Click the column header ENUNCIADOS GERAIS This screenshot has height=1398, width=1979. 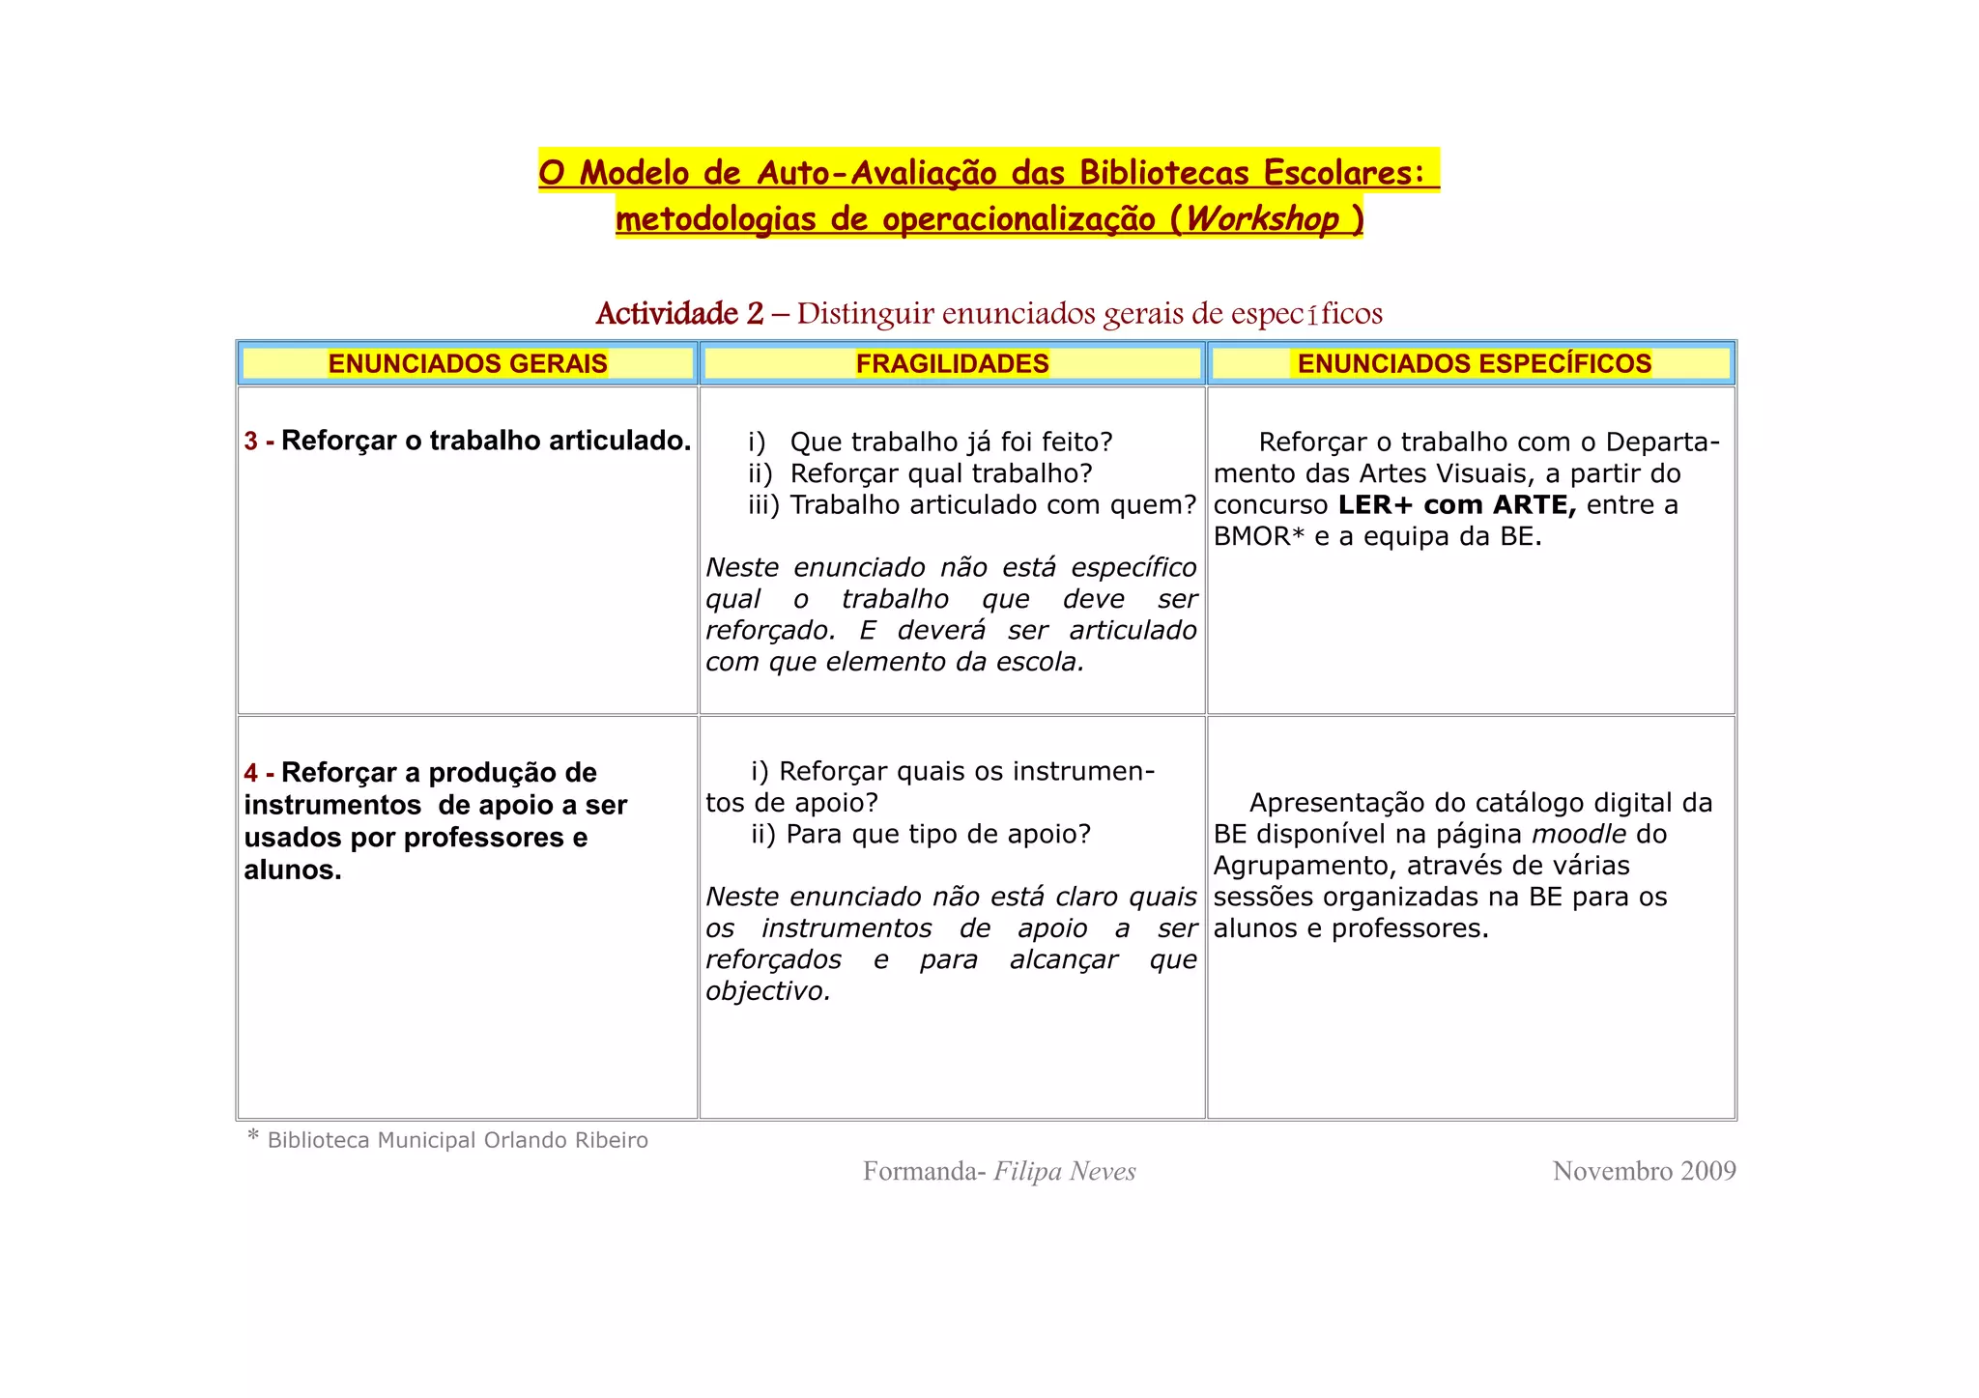(x=468, y=363)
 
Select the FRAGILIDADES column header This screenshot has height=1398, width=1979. (x=952, y=363)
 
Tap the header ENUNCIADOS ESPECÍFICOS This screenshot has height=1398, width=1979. (x=1474, y=363)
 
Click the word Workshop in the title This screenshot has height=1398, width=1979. (x=1261, y=219)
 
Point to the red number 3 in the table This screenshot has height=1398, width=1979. (x=251, y=442)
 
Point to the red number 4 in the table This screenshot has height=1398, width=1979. (x=251, y=773)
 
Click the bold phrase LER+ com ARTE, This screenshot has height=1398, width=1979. (x=1457, y=505)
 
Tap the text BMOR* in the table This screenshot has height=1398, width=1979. (x=1259, y=536)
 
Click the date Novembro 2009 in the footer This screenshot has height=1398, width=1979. (x=1644, y=1171)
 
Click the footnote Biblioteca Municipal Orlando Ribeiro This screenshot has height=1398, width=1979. (x=457, y=1140)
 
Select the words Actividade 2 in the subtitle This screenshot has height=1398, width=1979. (x=679, y=313)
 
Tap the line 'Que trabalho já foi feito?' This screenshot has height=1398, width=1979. (x=951, y=442)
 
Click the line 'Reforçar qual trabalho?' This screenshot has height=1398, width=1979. (x=940, y=473)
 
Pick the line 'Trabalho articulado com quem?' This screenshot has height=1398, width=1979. (x=992, y=505)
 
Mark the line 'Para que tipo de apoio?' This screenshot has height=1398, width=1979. (x=937, y=834)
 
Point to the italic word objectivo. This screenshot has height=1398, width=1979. (x=767, y=991)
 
